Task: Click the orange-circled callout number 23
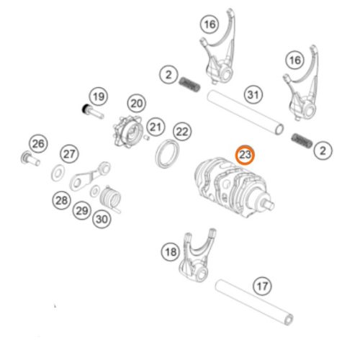click(x=245, y=155)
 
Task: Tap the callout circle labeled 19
click(x=99, y=96)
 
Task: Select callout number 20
click(x=137, y=104)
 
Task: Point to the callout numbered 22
click(x=182, y=132)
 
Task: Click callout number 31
click(x=253, y=95)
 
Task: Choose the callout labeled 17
click(x=262, y=286)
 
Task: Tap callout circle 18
click(x=171, y=252)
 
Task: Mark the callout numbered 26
click(x=38, y=144)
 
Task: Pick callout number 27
click(x=69, y=154)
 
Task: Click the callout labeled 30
click(x=102, y=219)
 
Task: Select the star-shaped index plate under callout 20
click(x=127, y=132)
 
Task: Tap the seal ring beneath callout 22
click(x=167, y=153)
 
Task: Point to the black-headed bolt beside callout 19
click(x=93, y=112)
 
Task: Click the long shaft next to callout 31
click(x=246, y=112)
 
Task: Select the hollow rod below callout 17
click(x=254, y=302)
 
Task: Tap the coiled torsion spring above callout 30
click(x=110, y=199)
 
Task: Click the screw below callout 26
click(x=30, y=159)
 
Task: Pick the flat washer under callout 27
click(x=58, y=174)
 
